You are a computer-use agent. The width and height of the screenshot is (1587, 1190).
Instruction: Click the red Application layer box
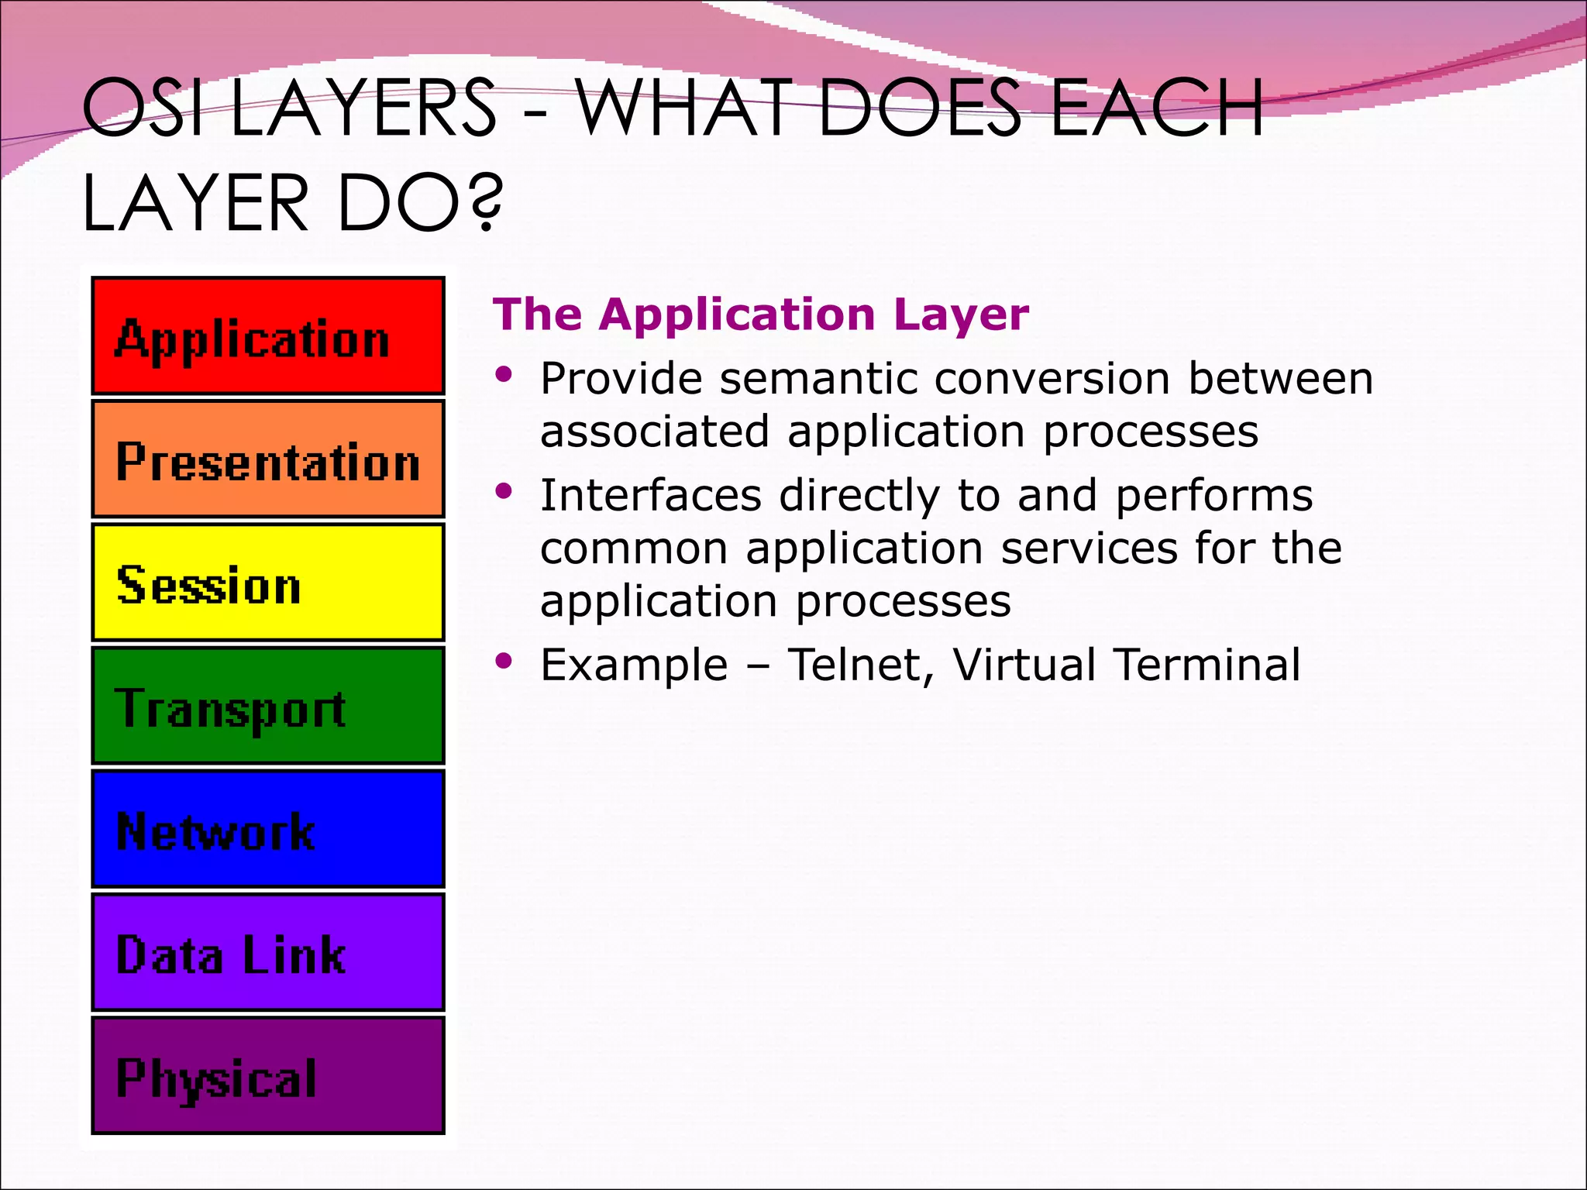268,335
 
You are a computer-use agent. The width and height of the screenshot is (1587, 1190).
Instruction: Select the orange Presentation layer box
268,459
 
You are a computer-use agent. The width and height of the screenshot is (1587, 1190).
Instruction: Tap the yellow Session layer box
268,582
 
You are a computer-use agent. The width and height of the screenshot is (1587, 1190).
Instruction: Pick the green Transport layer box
268,705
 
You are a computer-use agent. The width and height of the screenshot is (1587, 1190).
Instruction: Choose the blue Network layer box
268,828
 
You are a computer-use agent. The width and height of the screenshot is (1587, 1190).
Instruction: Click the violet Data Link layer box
268,951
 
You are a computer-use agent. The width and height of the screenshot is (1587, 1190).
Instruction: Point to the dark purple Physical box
268,1075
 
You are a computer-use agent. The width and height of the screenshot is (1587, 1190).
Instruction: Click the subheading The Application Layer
760,315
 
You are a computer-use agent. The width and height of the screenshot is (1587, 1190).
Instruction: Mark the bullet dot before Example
504,661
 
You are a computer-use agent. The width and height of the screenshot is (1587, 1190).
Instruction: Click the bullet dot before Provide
504,375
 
